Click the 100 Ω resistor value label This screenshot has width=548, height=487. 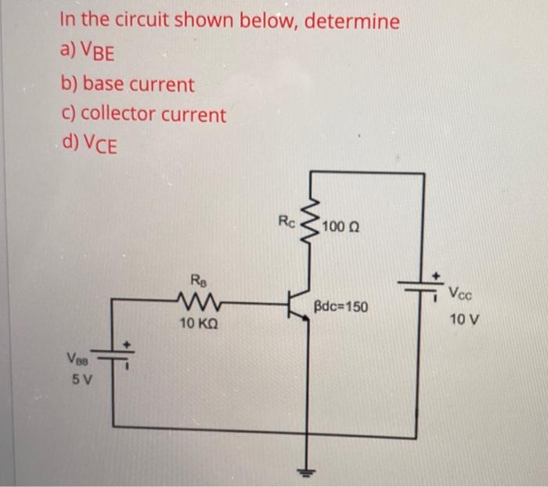click(x=341, y=228)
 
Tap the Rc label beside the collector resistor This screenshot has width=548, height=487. click(x=287, y=221)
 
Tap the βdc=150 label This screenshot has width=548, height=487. click(x=341, y=306)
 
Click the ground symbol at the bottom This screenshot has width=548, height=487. click(x=306, y=471)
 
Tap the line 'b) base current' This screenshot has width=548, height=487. click(x=127, y=83)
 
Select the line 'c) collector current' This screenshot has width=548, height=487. click(x=143, y=114)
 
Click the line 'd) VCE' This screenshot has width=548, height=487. click(x=88, y=146)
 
